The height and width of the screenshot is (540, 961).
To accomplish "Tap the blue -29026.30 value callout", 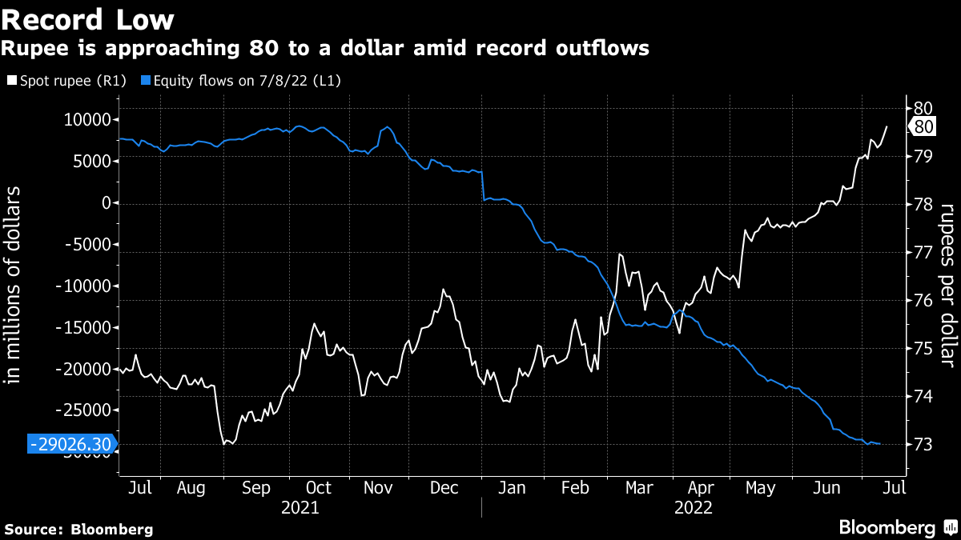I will [70, 445].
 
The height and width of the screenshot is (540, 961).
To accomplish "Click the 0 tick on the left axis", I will [104, 203].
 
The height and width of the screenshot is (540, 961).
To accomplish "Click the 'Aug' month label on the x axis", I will [191, 487].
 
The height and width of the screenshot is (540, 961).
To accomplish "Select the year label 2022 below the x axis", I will [693, 507].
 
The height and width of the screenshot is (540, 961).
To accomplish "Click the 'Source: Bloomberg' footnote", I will [78, 529].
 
